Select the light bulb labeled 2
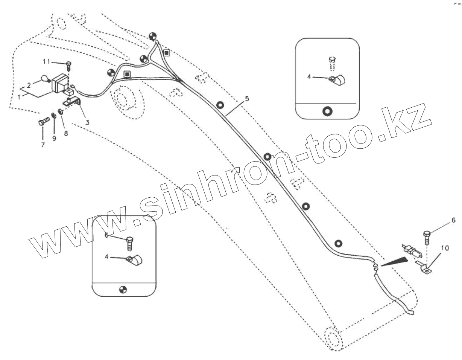click(x=46, y=79)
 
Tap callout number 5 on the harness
click(x=247, y=99)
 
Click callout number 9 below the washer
click(x=54, y=138)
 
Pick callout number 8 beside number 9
click(x=66, y=133)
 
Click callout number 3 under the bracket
click(x=87, y=122)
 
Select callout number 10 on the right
click(x=445, y=248)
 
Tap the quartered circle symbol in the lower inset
click(x=123, y=290)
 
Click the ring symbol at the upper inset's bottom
click(x=327, y=111)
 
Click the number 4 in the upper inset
click(x=309, y=76)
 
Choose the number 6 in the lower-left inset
click(x=106, y=235)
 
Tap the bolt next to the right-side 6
click(x=428, y=236)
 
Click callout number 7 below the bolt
click(x=43, y=144)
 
